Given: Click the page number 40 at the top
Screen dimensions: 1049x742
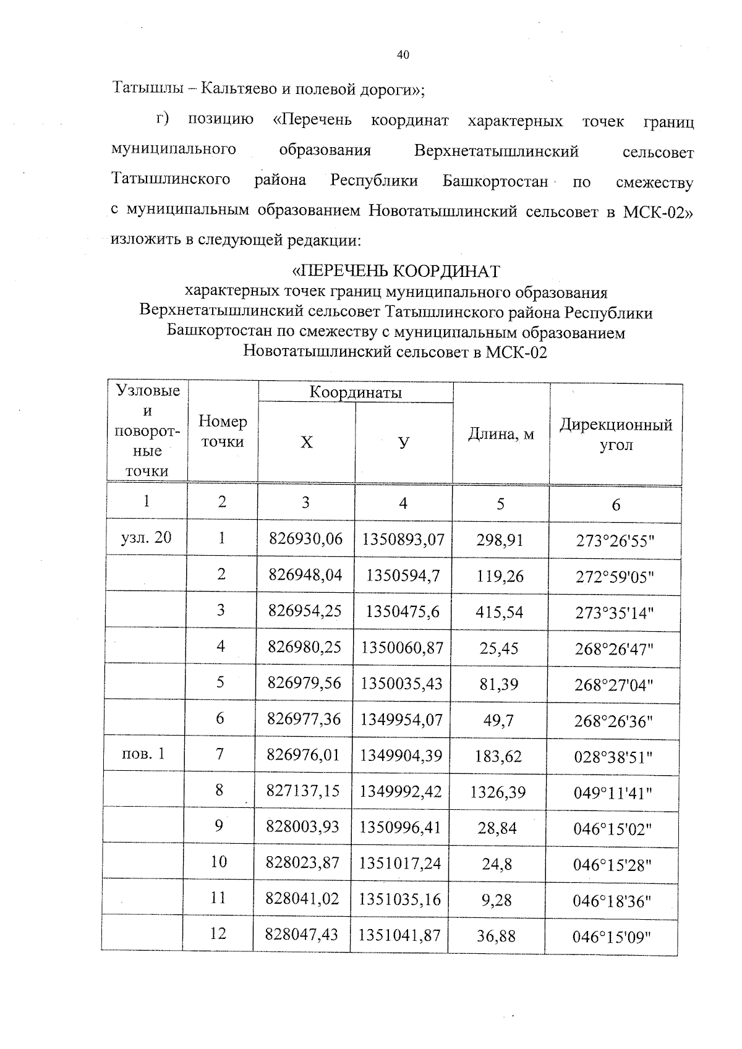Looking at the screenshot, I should point(403,55).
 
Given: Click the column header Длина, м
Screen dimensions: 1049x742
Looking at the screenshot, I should point(501,434).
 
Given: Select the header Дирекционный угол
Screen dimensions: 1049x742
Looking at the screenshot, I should point(616,435).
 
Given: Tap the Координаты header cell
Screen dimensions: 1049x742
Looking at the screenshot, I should point(356,393).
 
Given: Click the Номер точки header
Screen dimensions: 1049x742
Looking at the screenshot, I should point(223,431).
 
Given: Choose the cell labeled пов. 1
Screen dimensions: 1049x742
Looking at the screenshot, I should point(144,754).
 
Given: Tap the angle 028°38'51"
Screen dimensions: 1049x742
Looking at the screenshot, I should point(613,757).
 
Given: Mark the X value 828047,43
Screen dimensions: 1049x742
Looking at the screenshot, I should point(302,934).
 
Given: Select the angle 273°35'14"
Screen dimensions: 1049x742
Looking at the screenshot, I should point(614,613).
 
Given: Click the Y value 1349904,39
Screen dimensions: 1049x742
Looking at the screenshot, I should point(401,755).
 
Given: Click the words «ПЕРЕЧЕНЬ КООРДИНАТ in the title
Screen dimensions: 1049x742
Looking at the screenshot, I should point(396,271).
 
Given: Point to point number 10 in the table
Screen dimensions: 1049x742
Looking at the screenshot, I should point(219,862).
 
